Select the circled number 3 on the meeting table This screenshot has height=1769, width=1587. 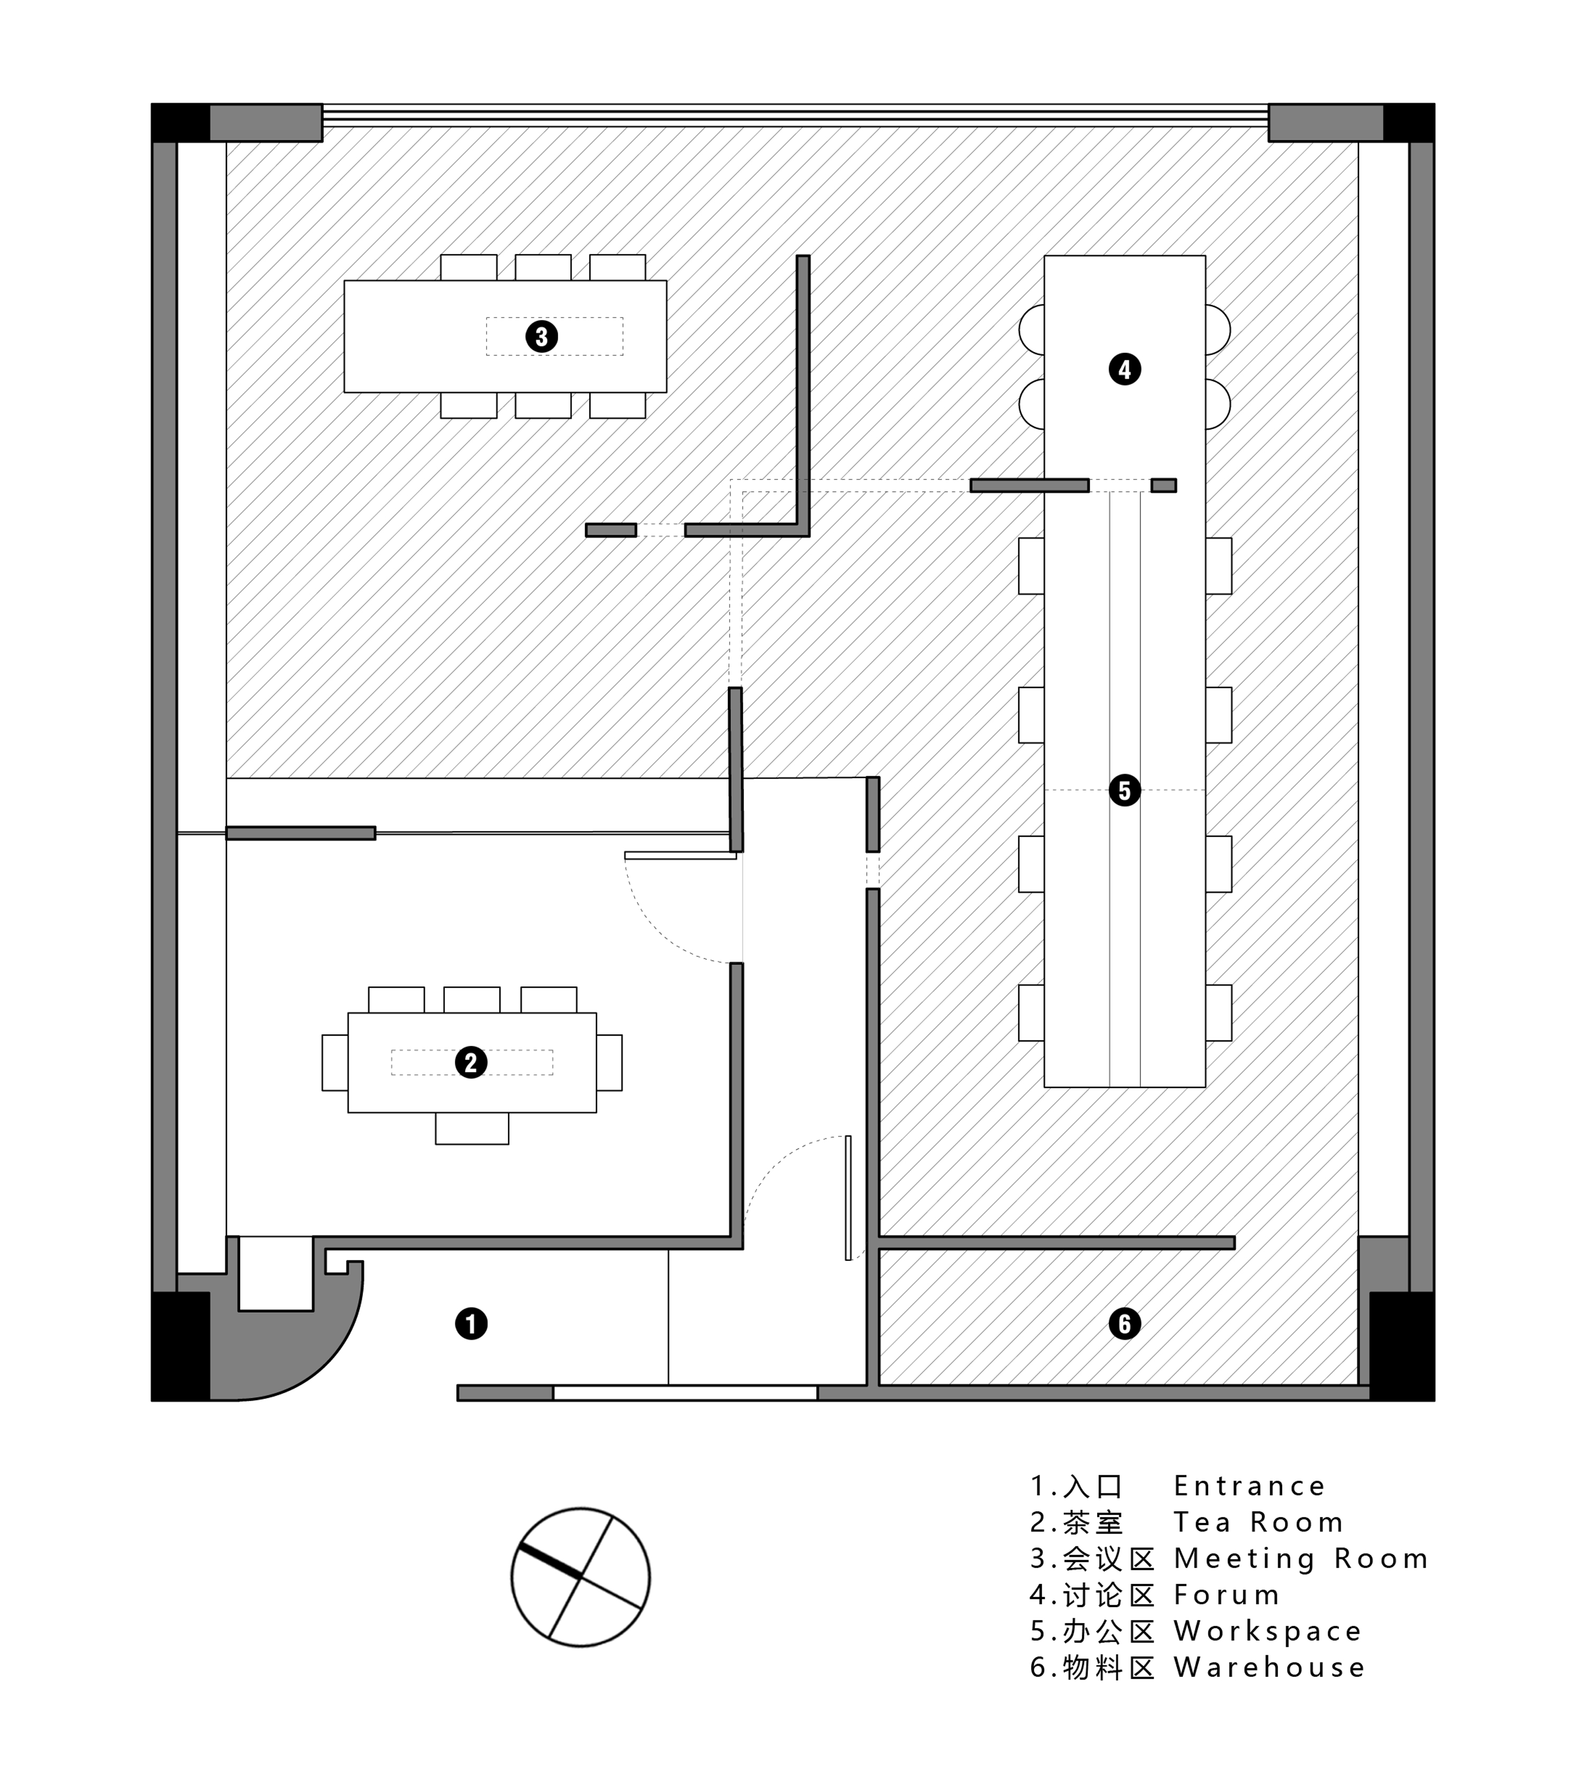click(542, 336)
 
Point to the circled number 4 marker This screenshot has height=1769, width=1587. click(1124, 369)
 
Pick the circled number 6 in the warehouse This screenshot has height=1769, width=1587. click(1124, 1323)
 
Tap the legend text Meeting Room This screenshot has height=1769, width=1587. click(1301, 1559)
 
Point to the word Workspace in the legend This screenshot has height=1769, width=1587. click(1267, 1631)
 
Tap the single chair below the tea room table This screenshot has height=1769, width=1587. click(472, 1128)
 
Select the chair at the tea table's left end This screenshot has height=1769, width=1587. click(335, 1063)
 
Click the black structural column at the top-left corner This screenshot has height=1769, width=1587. click(180, 122)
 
